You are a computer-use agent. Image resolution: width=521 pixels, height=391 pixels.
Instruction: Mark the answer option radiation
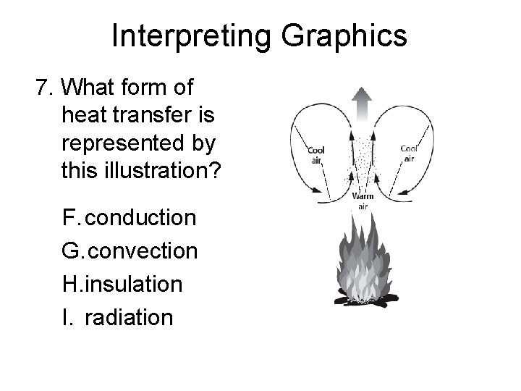(129, 317)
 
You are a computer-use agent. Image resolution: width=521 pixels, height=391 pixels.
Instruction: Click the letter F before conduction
(70, 217)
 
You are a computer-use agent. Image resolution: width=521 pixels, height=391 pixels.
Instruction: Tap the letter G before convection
(72, 251)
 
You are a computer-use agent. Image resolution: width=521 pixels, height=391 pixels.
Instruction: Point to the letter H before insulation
(71, 284)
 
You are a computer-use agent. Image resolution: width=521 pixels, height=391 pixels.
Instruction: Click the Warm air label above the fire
(361, 201)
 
